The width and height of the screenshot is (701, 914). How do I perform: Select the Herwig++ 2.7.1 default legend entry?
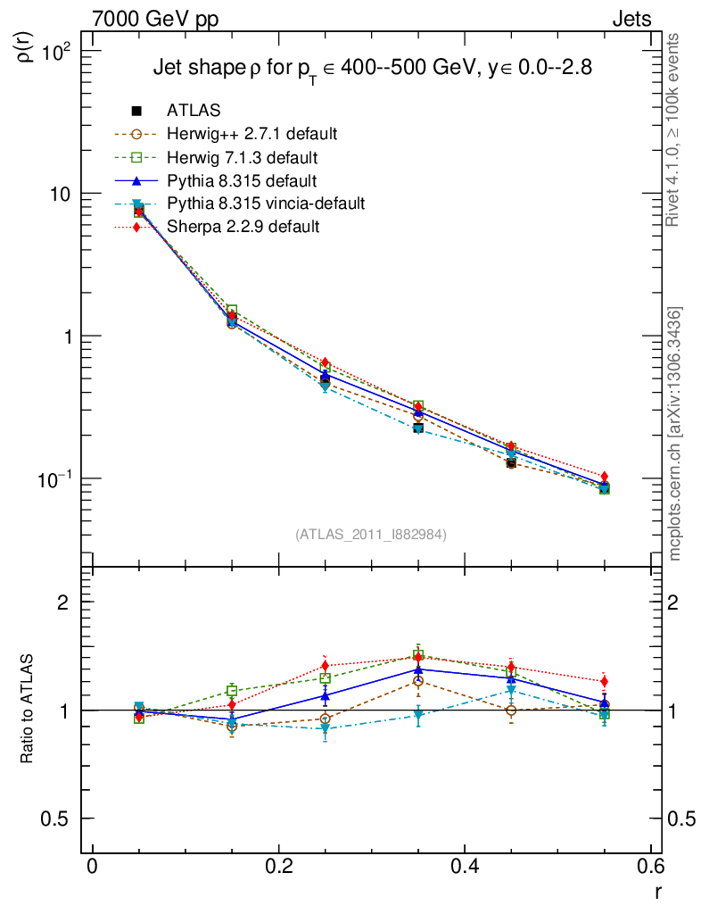tap(252, 134)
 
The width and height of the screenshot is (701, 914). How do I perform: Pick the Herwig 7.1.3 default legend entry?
tap(242, 157)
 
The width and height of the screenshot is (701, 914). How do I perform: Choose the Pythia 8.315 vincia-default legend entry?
tap(265, 204)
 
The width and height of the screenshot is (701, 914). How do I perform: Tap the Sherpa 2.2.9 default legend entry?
tap(243, 227)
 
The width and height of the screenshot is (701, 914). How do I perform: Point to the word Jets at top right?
tap(631, 19)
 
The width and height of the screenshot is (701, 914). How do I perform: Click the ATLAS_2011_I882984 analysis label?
tap(371, 534)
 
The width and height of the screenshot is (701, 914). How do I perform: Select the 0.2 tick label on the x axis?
tap(279, 866)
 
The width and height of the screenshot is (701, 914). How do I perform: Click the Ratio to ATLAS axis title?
tap(28, 710)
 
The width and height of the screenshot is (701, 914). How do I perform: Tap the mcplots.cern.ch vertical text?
tap(675, 434)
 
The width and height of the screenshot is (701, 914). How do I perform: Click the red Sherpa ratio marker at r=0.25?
tap(326, 666)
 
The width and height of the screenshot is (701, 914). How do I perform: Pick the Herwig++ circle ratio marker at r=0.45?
tap(511, 710)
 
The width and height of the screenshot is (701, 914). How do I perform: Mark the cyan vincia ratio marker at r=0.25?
tap(326, 729)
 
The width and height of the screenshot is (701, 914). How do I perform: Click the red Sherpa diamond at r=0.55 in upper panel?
tap(605, 477)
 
